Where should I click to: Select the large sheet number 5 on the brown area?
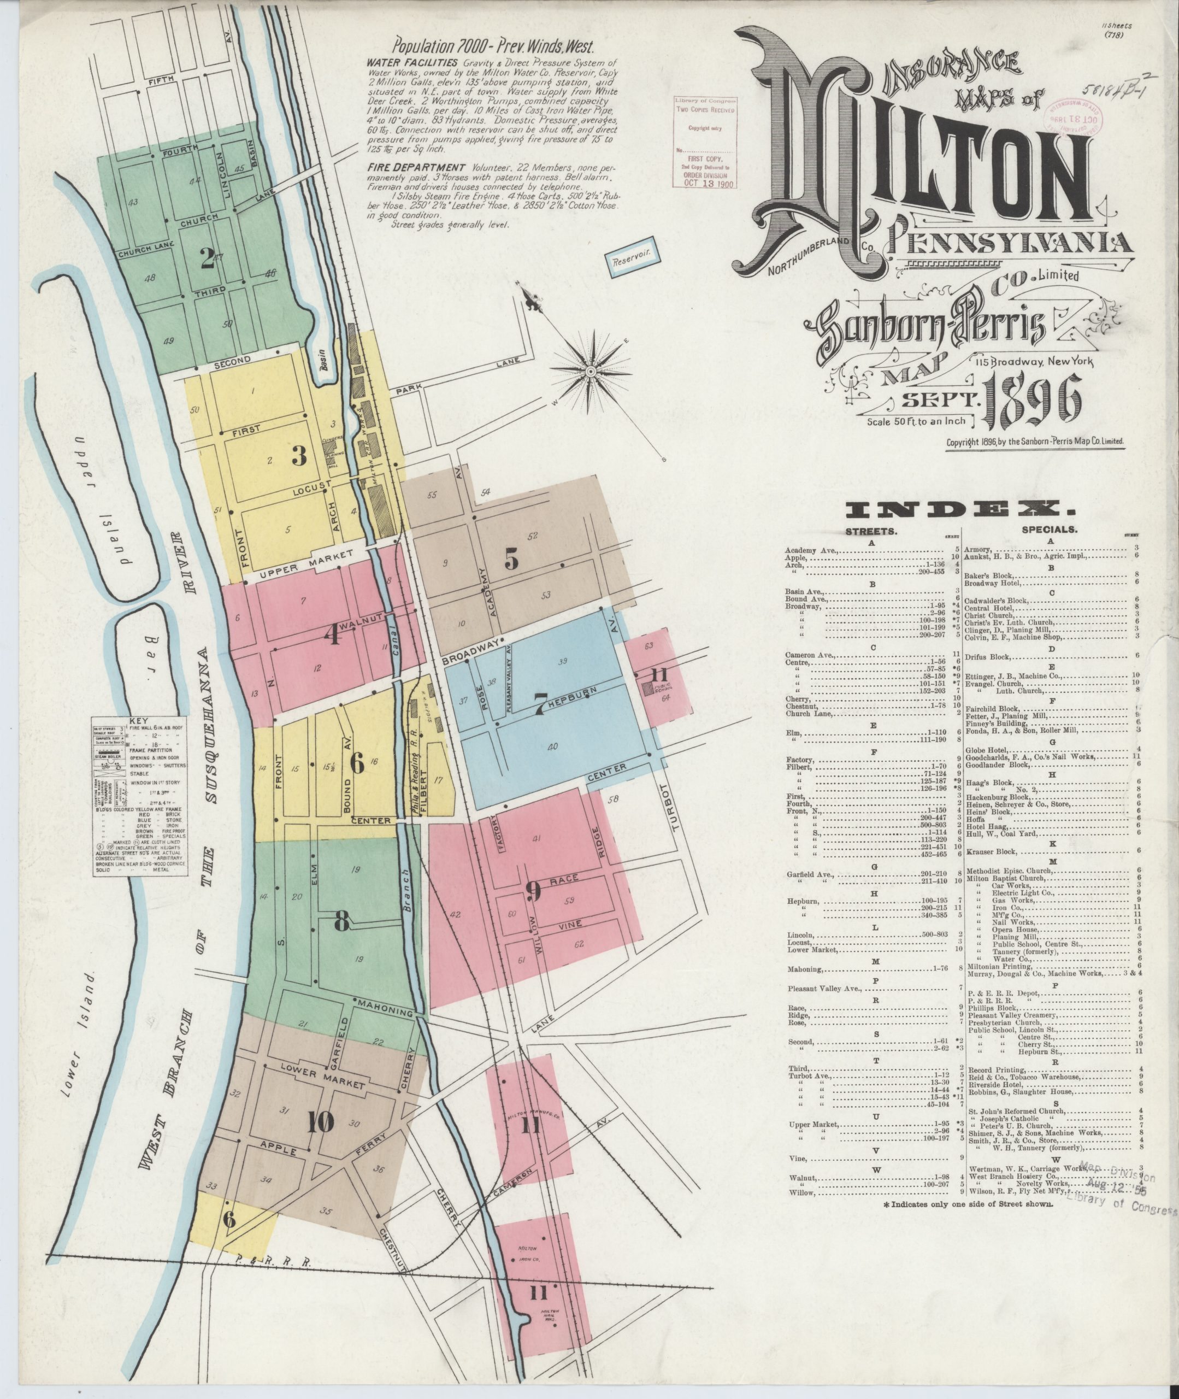(x=511, y=560)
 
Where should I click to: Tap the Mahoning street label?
(x=387, y=1007)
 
